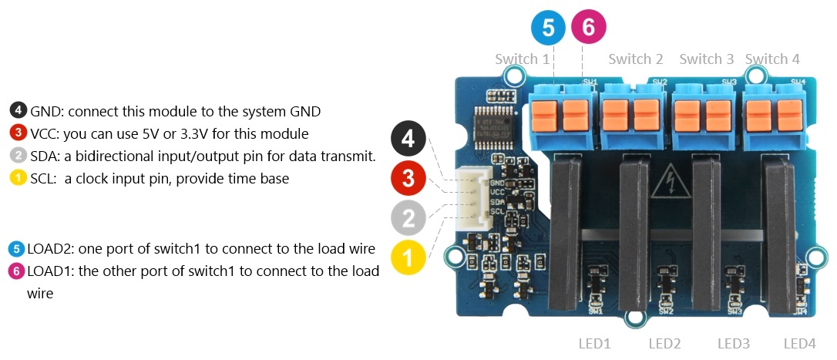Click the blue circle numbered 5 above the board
coord(548,28)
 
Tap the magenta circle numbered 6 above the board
coord(588,28)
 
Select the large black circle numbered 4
coord(408,140)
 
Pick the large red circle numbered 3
coord(408,179)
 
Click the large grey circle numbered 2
coord(408,218)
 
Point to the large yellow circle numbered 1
coord(408,257)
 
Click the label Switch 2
coord(636,59)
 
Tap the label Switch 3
coord(706,59)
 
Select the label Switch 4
coord(772,59)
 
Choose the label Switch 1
coord(522,59)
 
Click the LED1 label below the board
coord(594,343)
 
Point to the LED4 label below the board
coord(799,343)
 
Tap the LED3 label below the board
coord(734,343)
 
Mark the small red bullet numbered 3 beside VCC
coord(18,133)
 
